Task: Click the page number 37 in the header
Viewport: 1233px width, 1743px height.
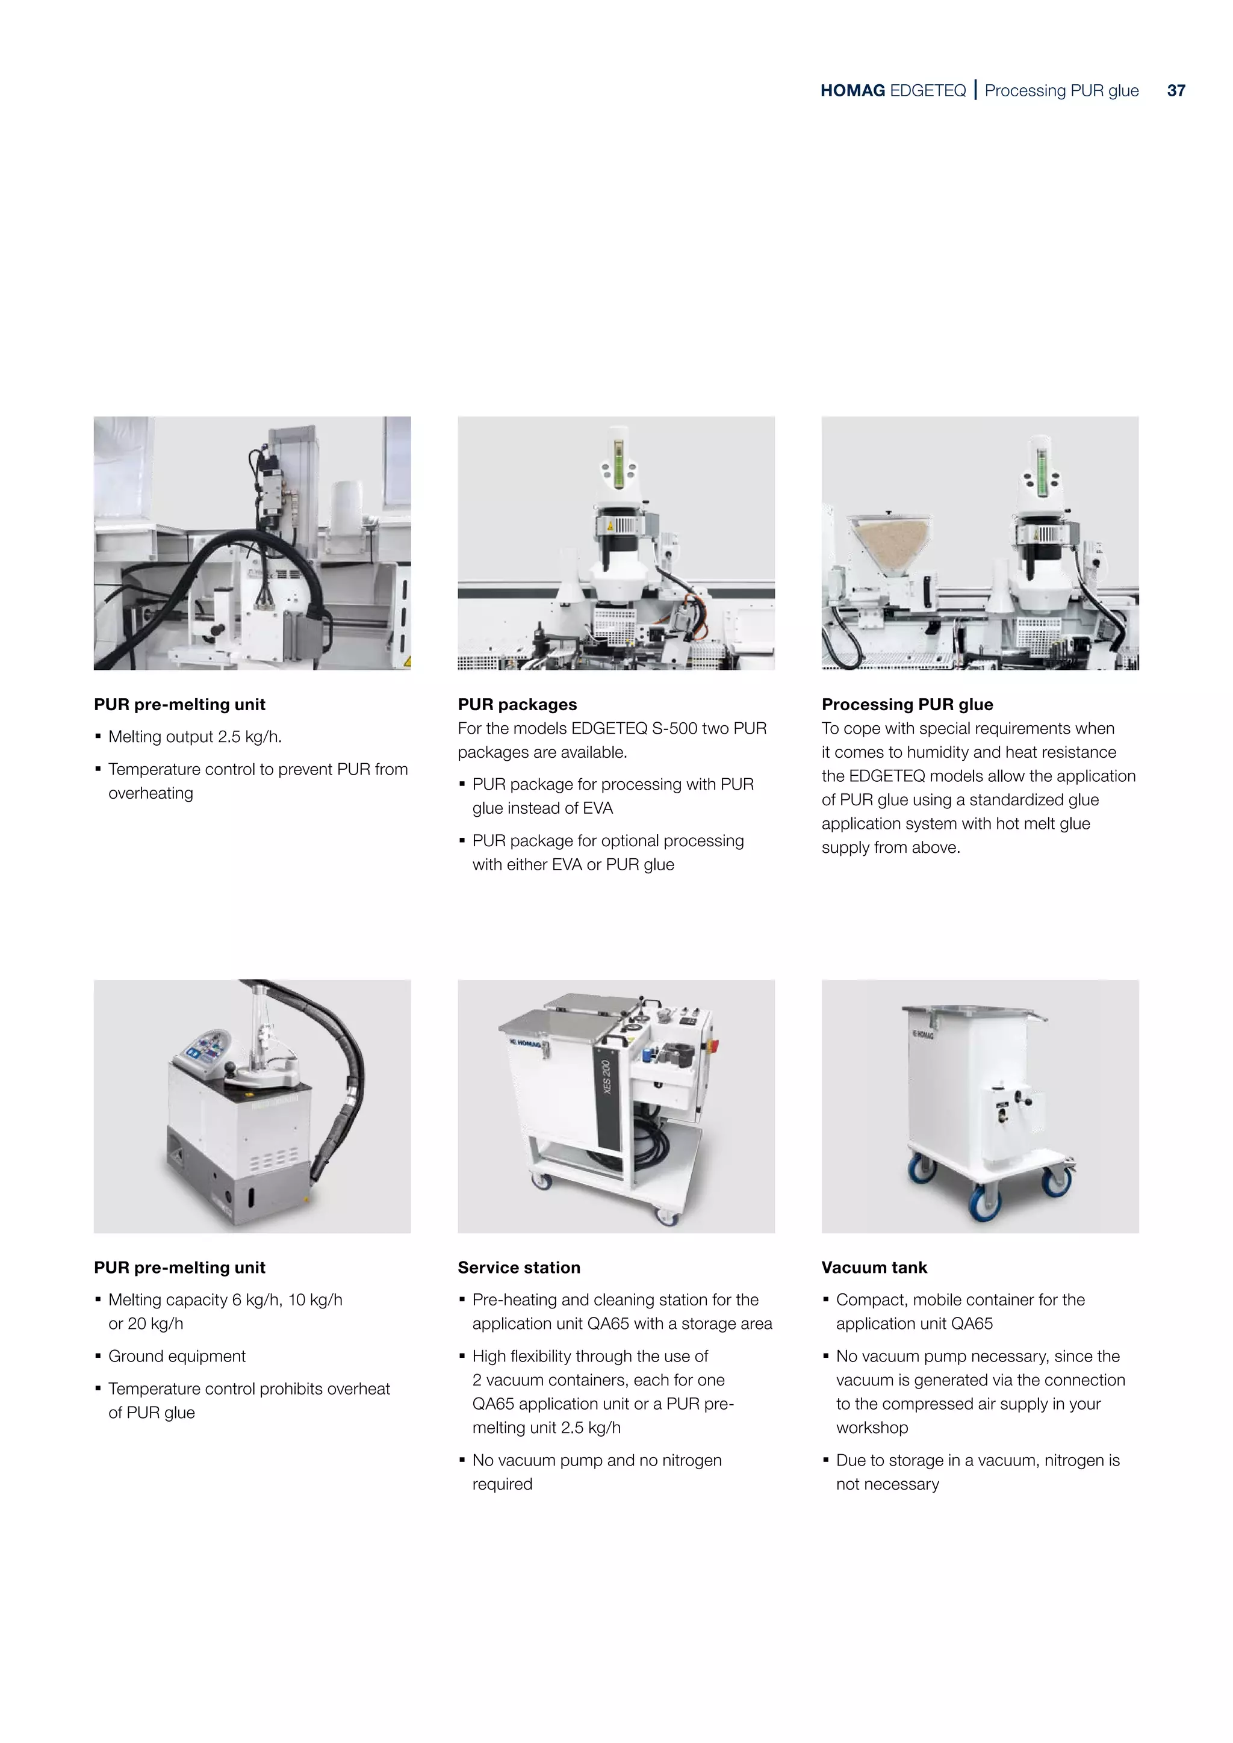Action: point(1175,91)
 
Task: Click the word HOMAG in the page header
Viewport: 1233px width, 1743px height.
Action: point(852,91)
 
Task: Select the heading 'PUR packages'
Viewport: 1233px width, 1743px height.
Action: point(517,705)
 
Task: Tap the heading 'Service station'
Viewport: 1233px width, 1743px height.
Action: point(518,1268)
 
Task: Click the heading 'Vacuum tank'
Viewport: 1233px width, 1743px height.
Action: point(874,1268)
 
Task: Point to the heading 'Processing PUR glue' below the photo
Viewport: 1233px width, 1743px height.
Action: point(907,705)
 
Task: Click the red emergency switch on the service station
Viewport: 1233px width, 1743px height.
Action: point(715,1046)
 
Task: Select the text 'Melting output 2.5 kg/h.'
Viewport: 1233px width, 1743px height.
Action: point(195,737)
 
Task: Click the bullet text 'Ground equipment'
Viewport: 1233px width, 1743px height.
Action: point(177,1357)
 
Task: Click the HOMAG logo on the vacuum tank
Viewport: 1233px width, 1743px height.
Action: point(922,1034)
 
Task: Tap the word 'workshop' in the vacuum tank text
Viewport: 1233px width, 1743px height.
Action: point(872,1428)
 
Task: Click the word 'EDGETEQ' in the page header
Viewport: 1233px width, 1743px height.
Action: point(927,91)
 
